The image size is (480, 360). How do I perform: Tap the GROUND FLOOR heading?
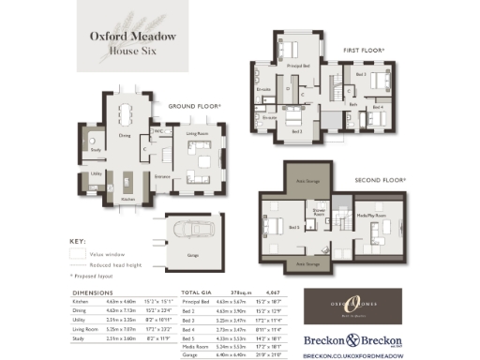click(195, 107)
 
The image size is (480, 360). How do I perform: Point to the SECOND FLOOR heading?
click(380, 178)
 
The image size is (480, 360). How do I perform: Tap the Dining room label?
click(124, 136)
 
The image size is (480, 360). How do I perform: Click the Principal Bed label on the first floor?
click(297, 67)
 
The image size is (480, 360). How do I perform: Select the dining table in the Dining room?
click(126, 115)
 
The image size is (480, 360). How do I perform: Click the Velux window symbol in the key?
click(79, 253)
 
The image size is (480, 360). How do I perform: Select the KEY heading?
click(79, 241)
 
